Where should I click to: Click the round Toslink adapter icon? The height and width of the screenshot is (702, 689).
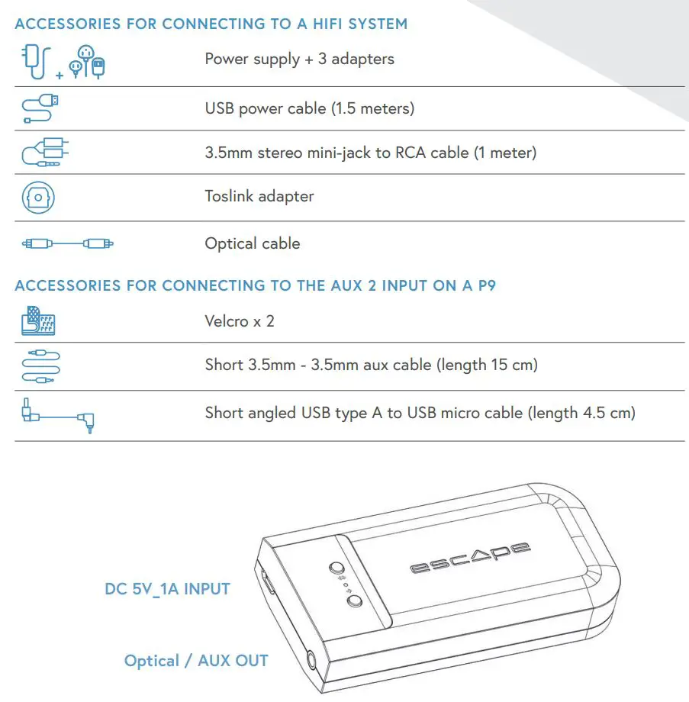(37, 197)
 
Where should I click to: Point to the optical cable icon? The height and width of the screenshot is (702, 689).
(68, 243)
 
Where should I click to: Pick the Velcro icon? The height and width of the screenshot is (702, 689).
(38, 321)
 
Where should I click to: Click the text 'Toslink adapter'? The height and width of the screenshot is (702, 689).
(259, 196)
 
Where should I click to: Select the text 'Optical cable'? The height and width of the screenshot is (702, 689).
(252, 243)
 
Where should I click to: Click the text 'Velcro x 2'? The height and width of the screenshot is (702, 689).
(239, 321)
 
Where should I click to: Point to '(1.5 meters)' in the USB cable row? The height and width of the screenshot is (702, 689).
(372, 108)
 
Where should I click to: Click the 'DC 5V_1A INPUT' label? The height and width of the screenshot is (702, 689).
(167, 589)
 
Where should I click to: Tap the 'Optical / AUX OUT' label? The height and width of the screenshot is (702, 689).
(196, 661)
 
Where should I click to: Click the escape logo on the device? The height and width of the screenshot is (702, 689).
(469, 558)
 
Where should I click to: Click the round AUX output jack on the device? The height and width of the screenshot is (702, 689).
(311, 660)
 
